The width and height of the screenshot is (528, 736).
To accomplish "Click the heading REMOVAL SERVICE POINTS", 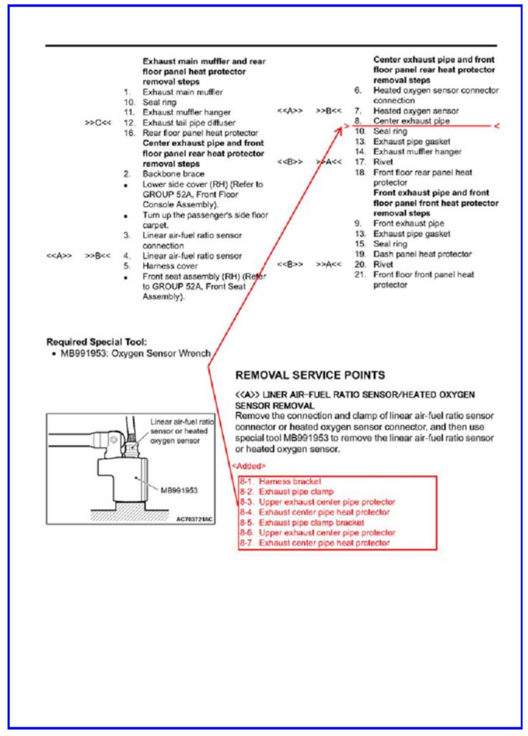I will [310, 375].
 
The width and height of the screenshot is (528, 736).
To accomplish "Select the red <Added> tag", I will [249, 466].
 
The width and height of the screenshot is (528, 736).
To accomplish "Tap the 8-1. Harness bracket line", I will [280, 481].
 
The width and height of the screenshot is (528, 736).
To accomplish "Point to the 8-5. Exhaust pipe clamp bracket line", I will [302, 523].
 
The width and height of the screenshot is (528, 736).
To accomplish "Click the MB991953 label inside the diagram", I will [179, 490].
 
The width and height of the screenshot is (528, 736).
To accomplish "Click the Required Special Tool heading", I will [97, 342].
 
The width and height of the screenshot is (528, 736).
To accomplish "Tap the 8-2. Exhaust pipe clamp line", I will [287, 492].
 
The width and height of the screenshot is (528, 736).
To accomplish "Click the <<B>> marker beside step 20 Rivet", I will [290, 265].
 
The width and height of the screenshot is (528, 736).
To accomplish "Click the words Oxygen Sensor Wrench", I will [161, 353].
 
